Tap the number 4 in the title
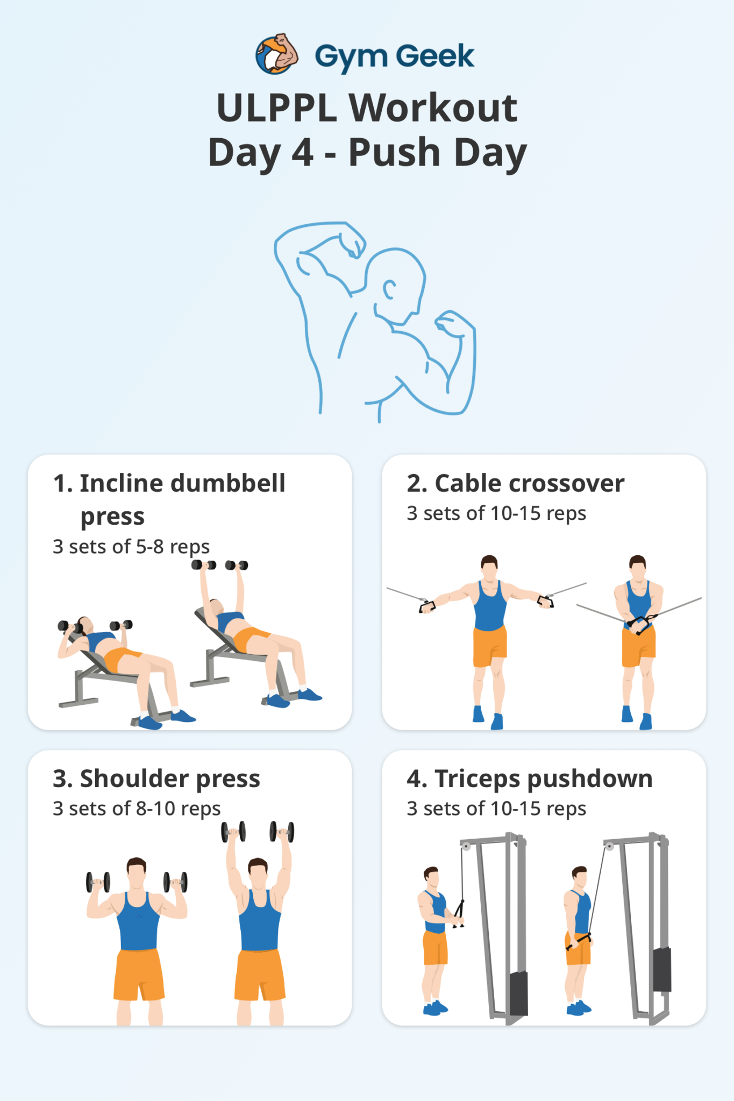pos(302,152)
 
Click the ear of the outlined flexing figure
pos(389,290)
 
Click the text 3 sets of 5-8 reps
pos(131,547)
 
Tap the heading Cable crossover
pos(515,483)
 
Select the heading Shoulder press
pos(156,778)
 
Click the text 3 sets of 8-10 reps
pos(137,809)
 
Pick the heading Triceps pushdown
pos(529,778)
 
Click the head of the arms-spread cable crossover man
pos(489,568)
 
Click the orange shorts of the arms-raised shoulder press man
pos(260,974)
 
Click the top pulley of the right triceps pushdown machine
pos(609,847)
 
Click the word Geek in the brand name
pos(435,56)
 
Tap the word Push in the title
pos(394,152)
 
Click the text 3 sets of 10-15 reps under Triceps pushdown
pos(496,809)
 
